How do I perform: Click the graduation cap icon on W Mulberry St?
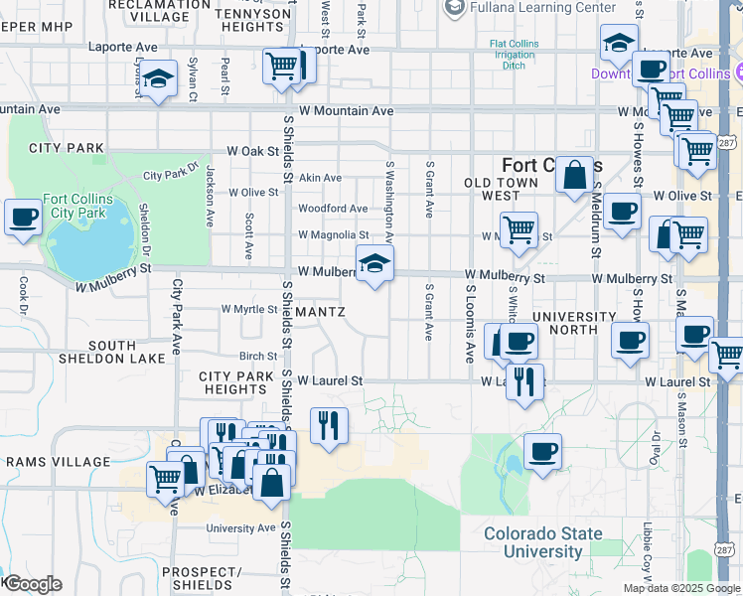click(374, 264)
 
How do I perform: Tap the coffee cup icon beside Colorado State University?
click(542, 452)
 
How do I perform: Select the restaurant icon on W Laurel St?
click(524, 380)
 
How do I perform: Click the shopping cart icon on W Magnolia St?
click(519, 230)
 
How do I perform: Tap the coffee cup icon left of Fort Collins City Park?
click(23, 217)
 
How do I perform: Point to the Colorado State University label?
click(542, 542)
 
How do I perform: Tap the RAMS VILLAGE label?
click(58, 462)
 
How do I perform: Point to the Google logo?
click(32, 584)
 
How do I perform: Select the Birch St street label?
click(258, 356)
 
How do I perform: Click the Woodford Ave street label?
click(333, 209)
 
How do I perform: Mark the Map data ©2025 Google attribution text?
click(680, 588)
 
